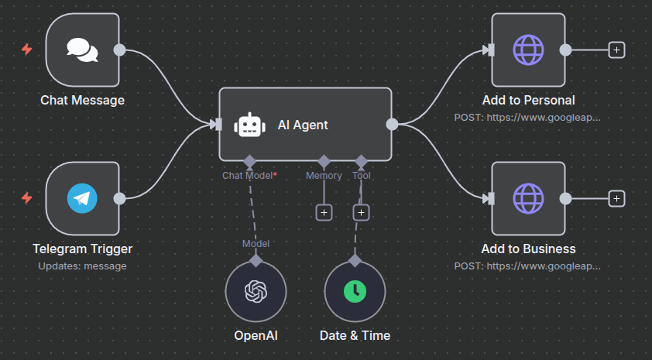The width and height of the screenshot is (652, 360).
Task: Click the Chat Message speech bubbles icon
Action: click(82, 50)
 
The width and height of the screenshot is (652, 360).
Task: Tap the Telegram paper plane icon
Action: click(82, 198)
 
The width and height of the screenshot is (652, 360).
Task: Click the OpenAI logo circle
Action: click(256, 290)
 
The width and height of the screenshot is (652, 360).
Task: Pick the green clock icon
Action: click(355, 290)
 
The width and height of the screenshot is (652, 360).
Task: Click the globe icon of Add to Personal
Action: click(529, 50)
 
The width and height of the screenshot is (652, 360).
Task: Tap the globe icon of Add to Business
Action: click(529, 198)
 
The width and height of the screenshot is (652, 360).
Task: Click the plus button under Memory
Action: click(324, 211)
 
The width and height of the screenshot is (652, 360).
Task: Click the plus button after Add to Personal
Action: click(616, 50)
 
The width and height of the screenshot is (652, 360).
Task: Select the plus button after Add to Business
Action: click(616, 198)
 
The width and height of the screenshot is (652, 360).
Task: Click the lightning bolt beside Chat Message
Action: click(27, 50)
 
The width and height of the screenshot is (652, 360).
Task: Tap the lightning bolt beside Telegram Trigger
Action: click(27, 198)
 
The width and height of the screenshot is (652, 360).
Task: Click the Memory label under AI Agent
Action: click(324, 176)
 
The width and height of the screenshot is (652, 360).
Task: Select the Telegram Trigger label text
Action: click(82, 249)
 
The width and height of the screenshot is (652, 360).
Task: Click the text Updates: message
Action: click(82, 266)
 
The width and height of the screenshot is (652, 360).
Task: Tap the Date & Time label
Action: click(355, 336)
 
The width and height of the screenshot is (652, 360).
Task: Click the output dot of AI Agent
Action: click(392, 124)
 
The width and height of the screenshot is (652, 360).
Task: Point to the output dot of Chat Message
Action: click(119, 50)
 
